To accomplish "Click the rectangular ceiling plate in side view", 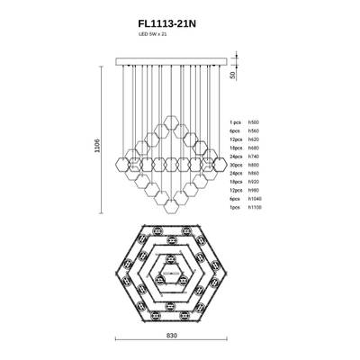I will [x=171, y=63].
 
